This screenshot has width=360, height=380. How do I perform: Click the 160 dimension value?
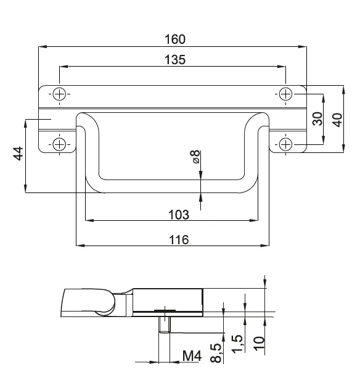point(175,39)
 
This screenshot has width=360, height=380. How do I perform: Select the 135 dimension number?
point(175,60)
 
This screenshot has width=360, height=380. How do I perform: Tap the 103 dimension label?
point(179,215)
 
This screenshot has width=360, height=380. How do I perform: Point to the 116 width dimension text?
point(179,240)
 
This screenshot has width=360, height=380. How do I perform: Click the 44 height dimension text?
point(18,153)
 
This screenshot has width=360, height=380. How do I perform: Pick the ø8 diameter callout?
point(197,157)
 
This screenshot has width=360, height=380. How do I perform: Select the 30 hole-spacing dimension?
point(317,118)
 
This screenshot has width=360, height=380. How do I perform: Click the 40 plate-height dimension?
point(337,120)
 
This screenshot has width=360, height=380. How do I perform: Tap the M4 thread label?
point(192,356)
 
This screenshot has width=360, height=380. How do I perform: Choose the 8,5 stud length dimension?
point(216,353)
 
